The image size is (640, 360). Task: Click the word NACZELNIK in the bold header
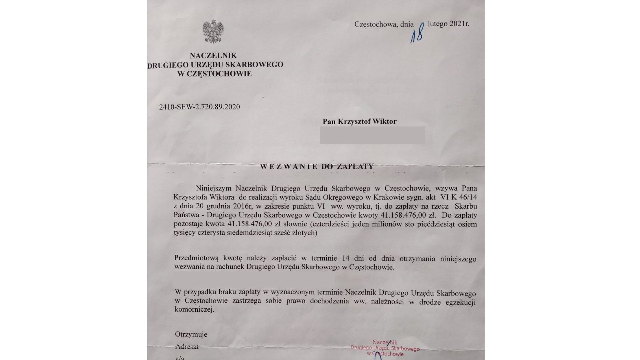pos(213,55)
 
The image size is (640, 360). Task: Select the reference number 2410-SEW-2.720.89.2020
pos(199,107)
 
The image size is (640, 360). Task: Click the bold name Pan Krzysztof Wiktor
pos(359,121)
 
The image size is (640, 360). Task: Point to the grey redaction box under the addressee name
pos(372,135)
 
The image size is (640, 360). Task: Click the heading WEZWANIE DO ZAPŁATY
pos(317,166)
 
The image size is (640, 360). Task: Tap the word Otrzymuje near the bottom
pos(191,334)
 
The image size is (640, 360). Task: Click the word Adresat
pos(187,347)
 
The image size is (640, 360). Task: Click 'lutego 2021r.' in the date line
pos(448,24)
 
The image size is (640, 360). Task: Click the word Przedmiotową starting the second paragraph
pos(196,259)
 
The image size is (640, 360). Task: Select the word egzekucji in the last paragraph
pos(461,302)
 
